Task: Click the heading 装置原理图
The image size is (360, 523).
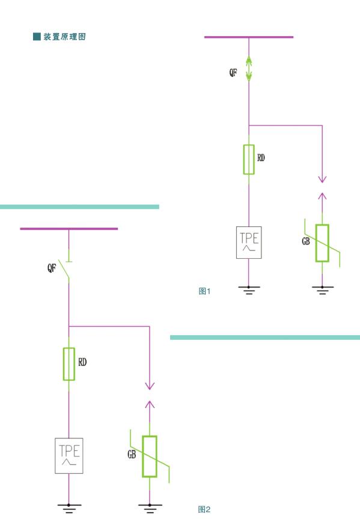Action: (64, 37)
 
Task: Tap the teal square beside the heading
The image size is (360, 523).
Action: (37, 37)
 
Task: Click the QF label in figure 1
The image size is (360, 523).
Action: (233, 73)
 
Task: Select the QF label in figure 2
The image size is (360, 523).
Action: (52, 267)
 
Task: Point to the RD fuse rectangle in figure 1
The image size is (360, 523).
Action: (249, 160)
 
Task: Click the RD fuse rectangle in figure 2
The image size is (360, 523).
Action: (69, 364)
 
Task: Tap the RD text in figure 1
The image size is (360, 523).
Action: (261, 157)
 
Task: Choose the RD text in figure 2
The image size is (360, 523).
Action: (82, 362)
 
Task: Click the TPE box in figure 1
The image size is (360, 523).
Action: (249, 243)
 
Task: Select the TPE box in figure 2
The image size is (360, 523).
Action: (69, 456)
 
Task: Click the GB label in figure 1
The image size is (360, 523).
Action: (306, 241)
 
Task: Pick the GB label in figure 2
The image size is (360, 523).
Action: (132, 455)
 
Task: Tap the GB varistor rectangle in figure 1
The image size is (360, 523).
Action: (322, 243)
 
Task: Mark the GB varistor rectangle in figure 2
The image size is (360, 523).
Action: (150, 456)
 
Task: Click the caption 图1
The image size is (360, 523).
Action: (204, 291)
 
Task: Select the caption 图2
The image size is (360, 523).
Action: (204, 509)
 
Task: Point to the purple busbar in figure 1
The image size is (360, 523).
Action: (249, 37)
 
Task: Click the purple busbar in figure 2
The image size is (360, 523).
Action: (69, 229)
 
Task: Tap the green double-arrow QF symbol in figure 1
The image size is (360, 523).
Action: (249, 68)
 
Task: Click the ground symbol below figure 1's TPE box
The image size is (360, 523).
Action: (249, 290)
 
